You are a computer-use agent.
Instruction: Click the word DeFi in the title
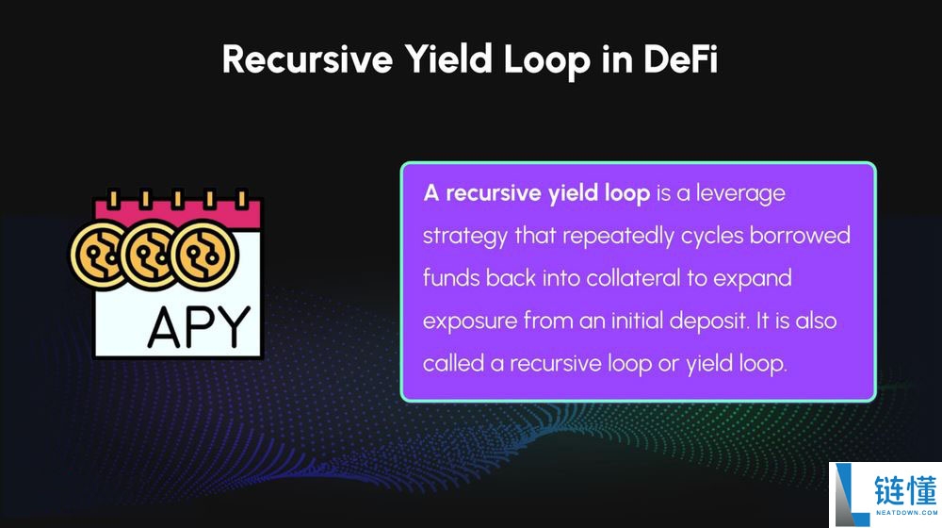681,59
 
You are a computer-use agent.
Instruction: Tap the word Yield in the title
447,59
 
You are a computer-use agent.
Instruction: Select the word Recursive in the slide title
307,59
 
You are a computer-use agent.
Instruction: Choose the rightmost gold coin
204,255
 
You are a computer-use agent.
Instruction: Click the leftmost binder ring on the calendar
113,198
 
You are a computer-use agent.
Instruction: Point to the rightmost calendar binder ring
241,198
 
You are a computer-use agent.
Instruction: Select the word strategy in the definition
465,236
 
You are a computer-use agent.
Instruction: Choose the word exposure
470,322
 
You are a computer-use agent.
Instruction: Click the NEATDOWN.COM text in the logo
906,513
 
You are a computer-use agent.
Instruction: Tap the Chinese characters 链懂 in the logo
905,490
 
